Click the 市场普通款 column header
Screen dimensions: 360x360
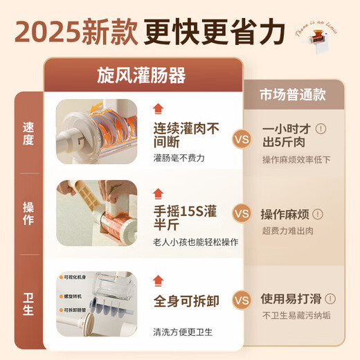coord(292,93)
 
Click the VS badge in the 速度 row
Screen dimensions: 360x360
coord(241,138)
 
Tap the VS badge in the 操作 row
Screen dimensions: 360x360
coord(241,213)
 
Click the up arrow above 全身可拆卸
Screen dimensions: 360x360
coord(159,280)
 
